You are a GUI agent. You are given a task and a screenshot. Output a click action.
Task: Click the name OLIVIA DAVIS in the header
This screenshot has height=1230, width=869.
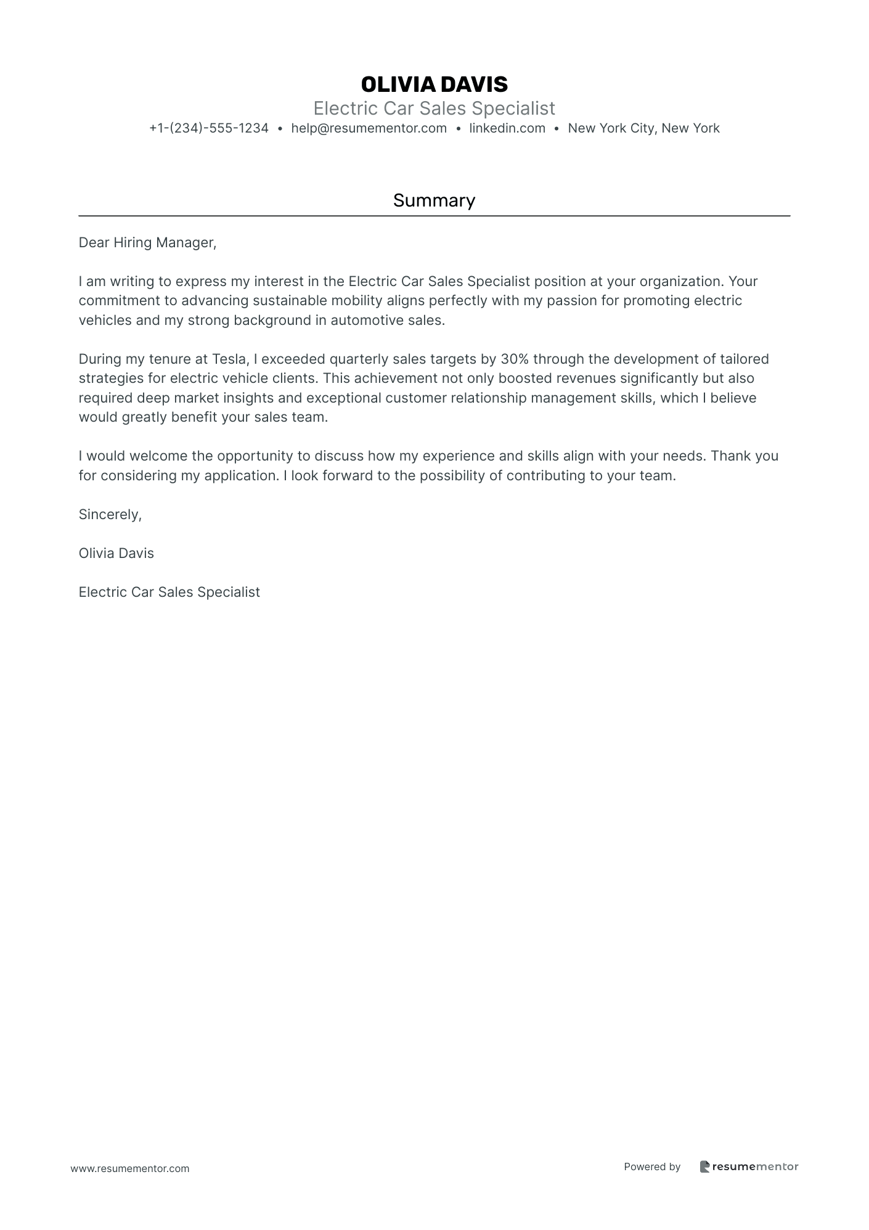[434, 84]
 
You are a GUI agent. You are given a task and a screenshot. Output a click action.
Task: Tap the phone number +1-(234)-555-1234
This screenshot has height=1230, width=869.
[209, 128]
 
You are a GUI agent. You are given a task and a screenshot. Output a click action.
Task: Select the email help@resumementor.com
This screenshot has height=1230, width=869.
[369, 128]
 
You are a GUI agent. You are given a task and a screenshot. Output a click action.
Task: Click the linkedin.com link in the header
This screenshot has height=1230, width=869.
[507, 128]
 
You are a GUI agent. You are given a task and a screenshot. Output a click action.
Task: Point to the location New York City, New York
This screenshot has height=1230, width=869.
[643, 128]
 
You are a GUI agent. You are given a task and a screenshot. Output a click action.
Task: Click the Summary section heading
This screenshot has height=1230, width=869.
[434, 200]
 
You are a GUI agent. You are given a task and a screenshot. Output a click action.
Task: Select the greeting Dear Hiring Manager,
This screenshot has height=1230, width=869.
[147, 243]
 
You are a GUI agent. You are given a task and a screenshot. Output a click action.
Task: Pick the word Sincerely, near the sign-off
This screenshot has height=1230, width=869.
[110, 514]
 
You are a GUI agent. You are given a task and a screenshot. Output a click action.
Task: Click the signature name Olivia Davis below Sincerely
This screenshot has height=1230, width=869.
[116, 553]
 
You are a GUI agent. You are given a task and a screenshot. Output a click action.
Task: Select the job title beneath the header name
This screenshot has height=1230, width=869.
[434, 109]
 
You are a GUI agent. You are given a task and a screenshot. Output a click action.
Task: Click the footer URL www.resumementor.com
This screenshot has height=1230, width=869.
[130, 1168]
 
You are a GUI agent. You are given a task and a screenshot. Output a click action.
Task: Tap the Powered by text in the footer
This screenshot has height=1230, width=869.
[652, 1166]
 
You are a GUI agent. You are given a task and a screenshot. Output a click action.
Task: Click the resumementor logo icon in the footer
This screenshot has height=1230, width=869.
[705, 1166]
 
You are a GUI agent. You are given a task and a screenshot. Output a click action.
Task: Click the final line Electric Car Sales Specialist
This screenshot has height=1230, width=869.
[169, 592]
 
